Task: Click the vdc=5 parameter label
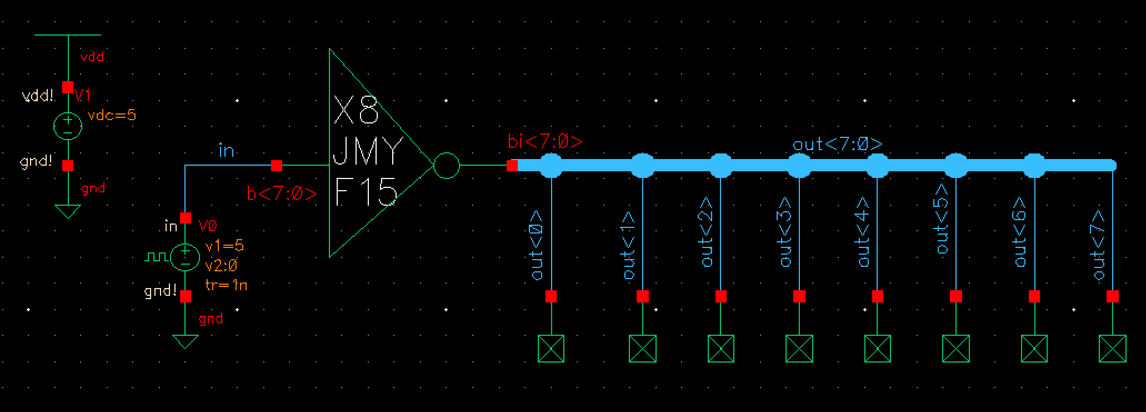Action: coord(112,116)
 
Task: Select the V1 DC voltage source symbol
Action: coord(68,126)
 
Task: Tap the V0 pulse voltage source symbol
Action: coord(186,257)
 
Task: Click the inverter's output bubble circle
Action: coord(446,166)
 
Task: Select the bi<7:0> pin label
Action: coord(545,142)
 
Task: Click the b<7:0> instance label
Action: coord(282,194)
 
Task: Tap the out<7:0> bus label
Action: coord(837,145)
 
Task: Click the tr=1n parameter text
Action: coord(226,285)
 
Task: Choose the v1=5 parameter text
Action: coord(224,246)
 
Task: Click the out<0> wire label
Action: coord(537,245)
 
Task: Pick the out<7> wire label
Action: coord(1099,245)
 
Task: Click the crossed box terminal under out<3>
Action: coord(799,349)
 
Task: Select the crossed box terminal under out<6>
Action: coord(1034,349)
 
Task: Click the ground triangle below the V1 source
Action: coord(68,211)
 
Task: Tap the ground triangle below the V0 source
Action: coord(186,341)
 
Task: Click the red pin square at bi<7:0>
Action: coord(512,166)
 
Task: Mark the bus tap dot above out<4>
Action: coord(878,165)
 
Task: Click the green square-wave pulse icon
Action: coord(156,257)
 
